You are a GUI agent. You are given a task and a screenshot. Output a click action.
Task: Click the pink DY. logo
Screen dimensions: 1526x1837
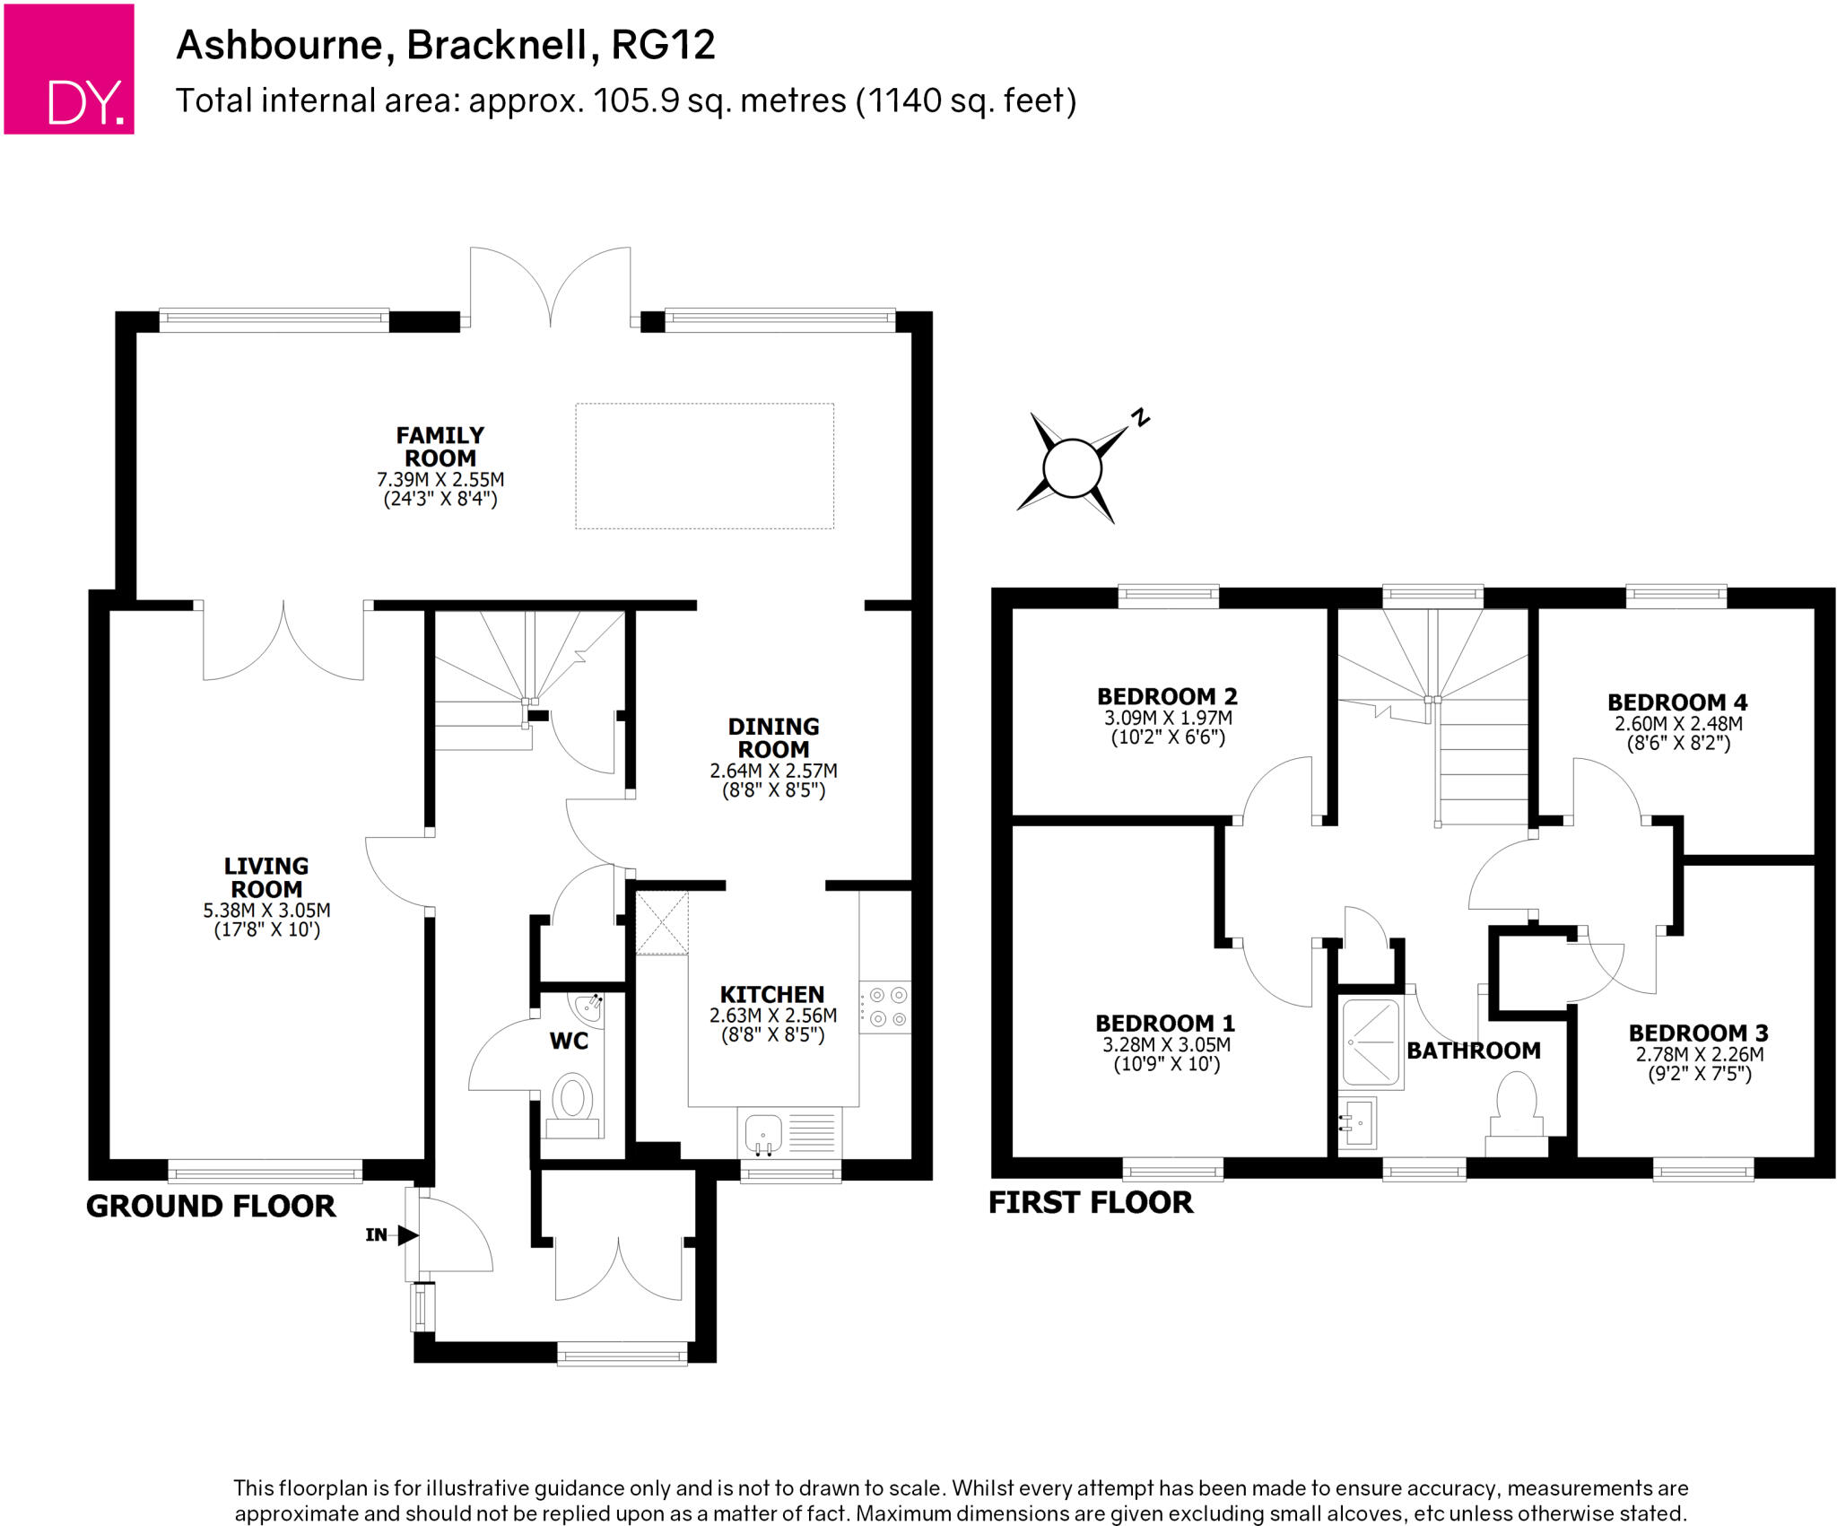pyautogui.click(x=69, y=69)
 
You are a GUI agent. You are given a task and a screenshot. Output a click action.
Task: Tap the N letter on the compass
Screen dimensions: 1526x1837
pyautogui.click(x=1140, y=417)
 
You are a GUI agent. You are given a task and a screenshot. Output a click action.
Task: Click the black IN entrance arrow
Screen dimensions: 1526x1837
pyautogui.click(x=408, y=1235)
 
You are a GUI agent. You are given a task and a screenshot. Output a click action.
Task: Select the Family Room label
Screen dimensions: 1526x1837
pyautogui.click(x=440, y=446)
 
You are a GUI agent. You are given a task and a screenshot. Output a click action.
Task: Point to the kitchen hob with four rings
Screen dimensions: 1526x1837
pyautogui.click(x=887, y=1007)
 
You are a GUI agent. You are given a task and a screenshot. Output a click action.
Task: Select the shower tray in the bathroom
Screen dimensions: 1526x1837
pyautogui.click(x=1371, y=1042)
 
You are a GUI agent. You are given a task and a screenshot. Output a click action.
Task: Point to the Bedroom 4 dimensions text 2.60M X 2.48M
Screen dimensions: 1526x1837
pyautogui.click(x=1678, y=724)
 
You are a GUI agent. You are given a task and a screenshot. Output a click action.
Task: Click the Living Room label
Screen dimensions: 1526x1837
pyautogui.click(x=266, y=877)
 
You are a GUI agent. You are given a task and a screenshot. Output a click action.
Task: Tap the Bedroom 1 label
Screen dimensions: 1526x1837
pyautogui.click(x=1165, y=1023)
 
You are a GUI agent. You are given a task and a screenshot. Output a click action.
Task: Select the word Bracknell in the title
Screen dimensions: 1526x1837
pyautogui.click(x=502, y=45)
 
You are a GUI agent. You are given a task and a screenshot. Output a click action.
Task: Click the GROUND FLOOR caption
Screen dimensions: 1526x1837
pyautogui.click(x=211, y=1207)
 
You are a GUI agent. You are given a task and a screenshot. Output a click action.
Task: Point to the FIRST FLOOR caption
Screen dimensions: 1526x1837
pyautogui.click(x=1091, y=1203)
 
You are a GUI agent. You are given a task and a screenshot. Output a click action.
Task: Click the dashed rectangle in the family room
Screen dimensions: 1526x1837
pyautogui.click(x=704, y=466)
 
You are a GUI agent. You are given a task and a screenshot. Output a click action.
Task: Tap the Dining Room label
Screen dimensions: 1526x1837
pyautogui.click(x=773, y=737)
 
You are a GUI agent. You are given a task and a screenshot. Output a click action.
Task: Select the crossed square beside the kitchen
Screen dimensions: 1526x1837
pyautogui.click(x=662, y=922)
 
